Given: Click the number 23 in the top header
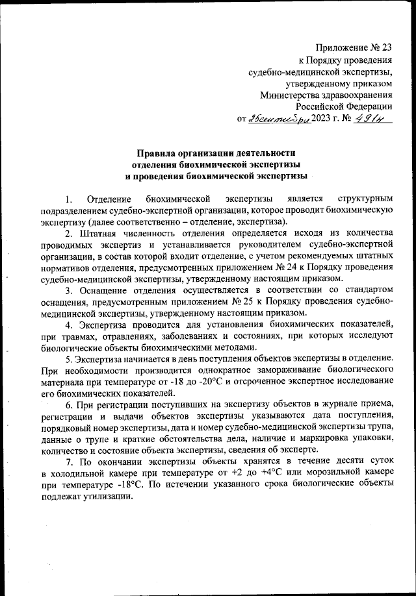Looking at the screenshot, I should coord(386,47).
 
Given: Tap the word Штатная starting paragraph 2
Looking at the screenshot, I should coord(99,232).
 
